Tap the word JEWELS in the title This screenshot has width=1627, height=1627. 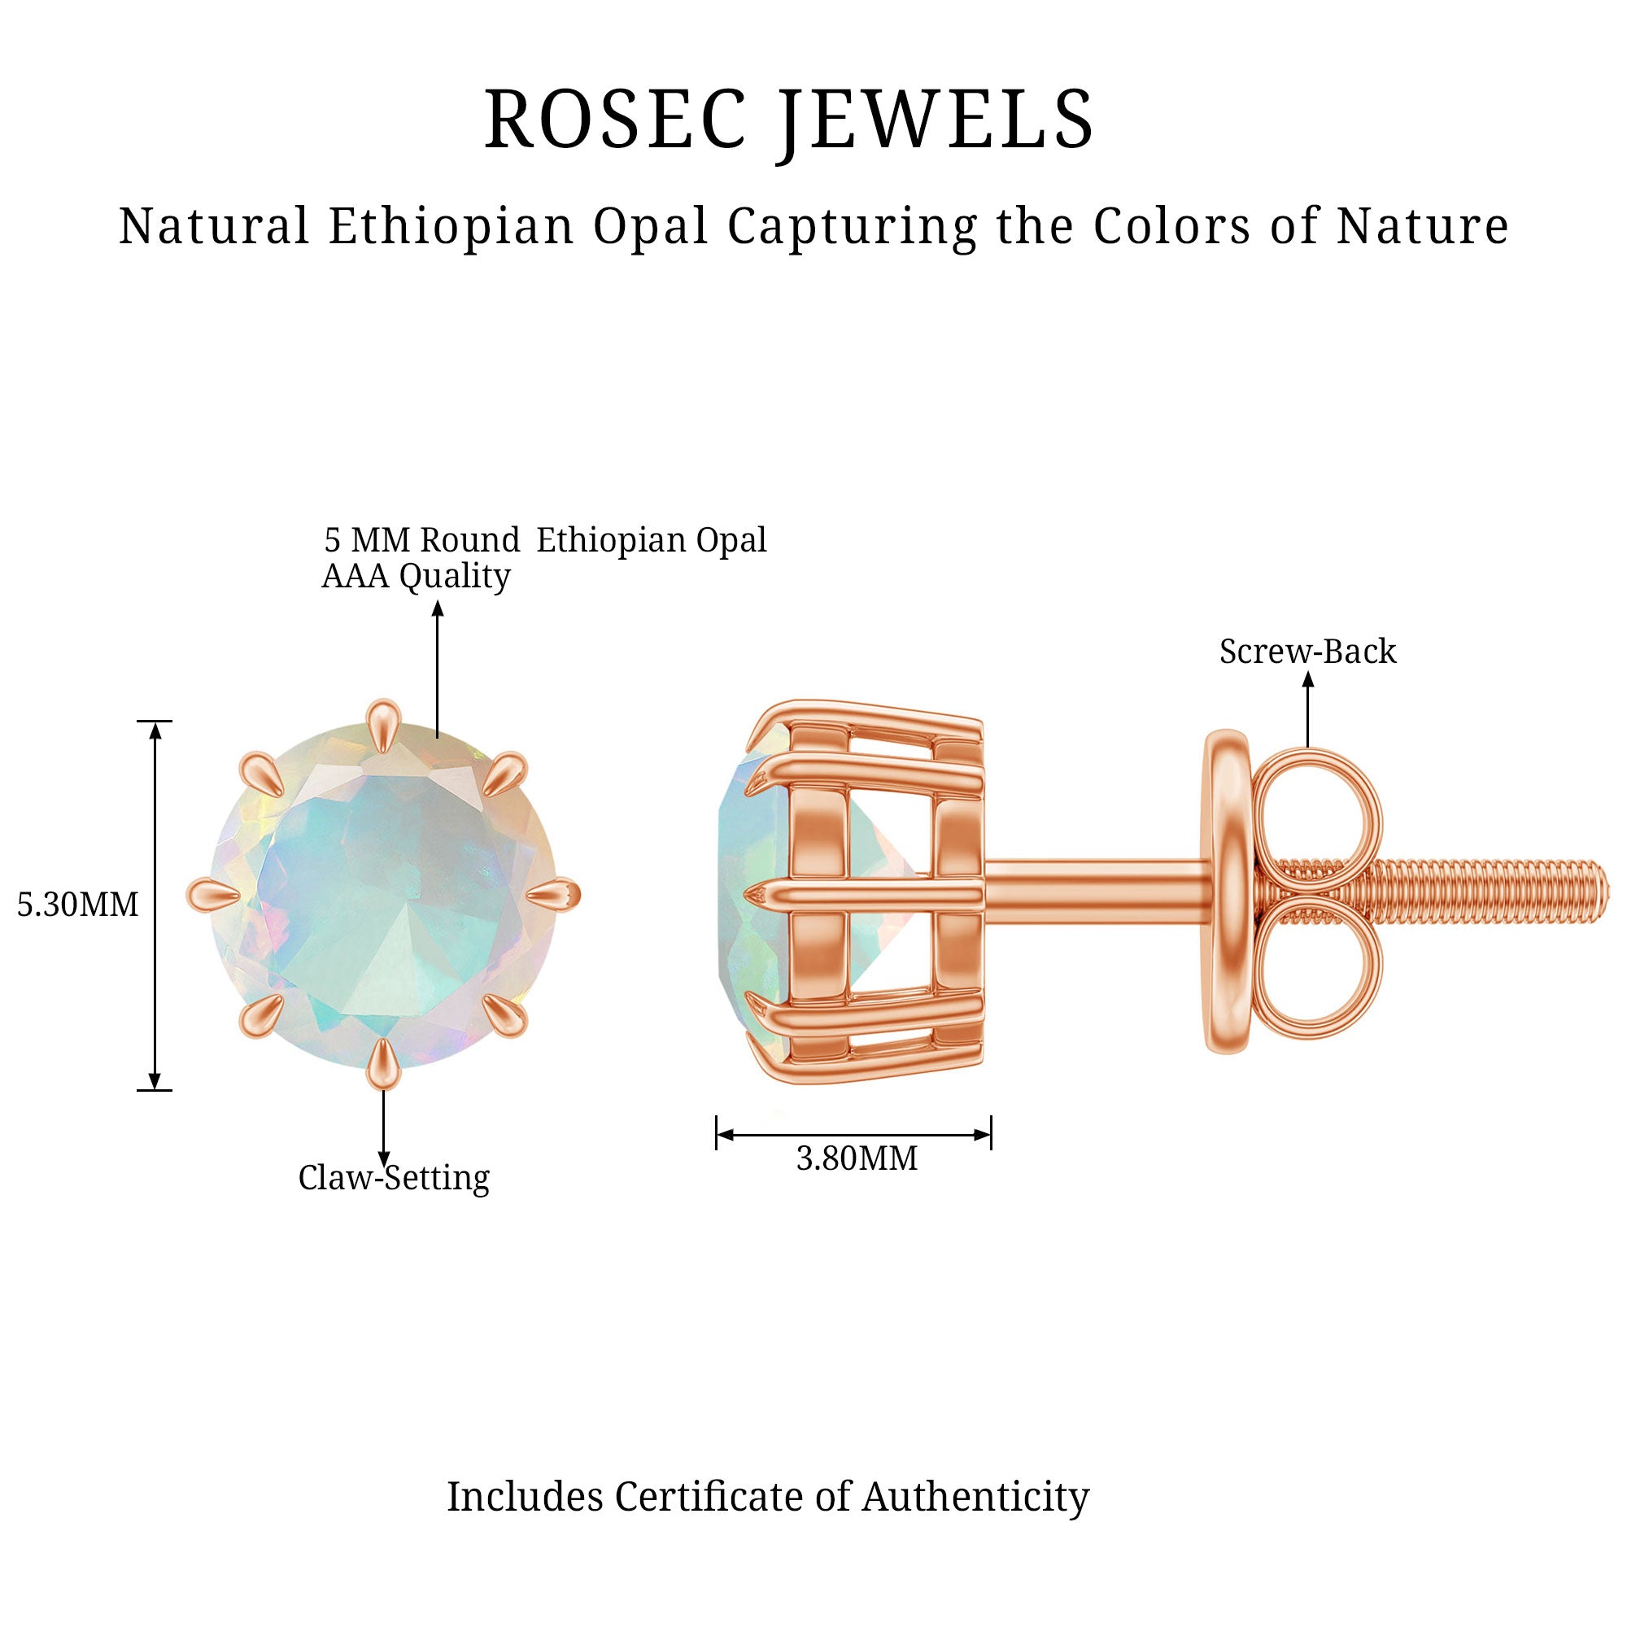coord(935,120)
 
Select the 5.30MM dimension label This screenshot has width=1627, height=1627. coord(77,905)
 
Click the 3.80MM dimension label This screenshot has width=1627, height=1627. coord(857,1158)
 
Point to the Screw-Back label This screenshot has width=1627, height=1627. coord(1308,651)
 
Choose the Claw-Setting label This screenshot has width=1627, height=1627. coord(393,1177)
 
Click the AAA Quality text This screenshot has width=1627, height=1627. coord(416,577)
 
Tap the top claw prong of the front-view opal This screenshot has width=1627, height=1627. coord(383,724)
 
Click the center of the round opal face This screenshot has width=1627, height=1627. coord(383,894)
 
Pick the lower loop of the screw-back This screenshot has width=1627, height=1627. coord(1316,968)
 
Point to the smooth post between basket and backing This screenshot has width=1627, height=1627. coord(1095,891)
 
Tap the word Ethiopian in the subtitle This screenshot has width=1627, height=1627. coord(451,228)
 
